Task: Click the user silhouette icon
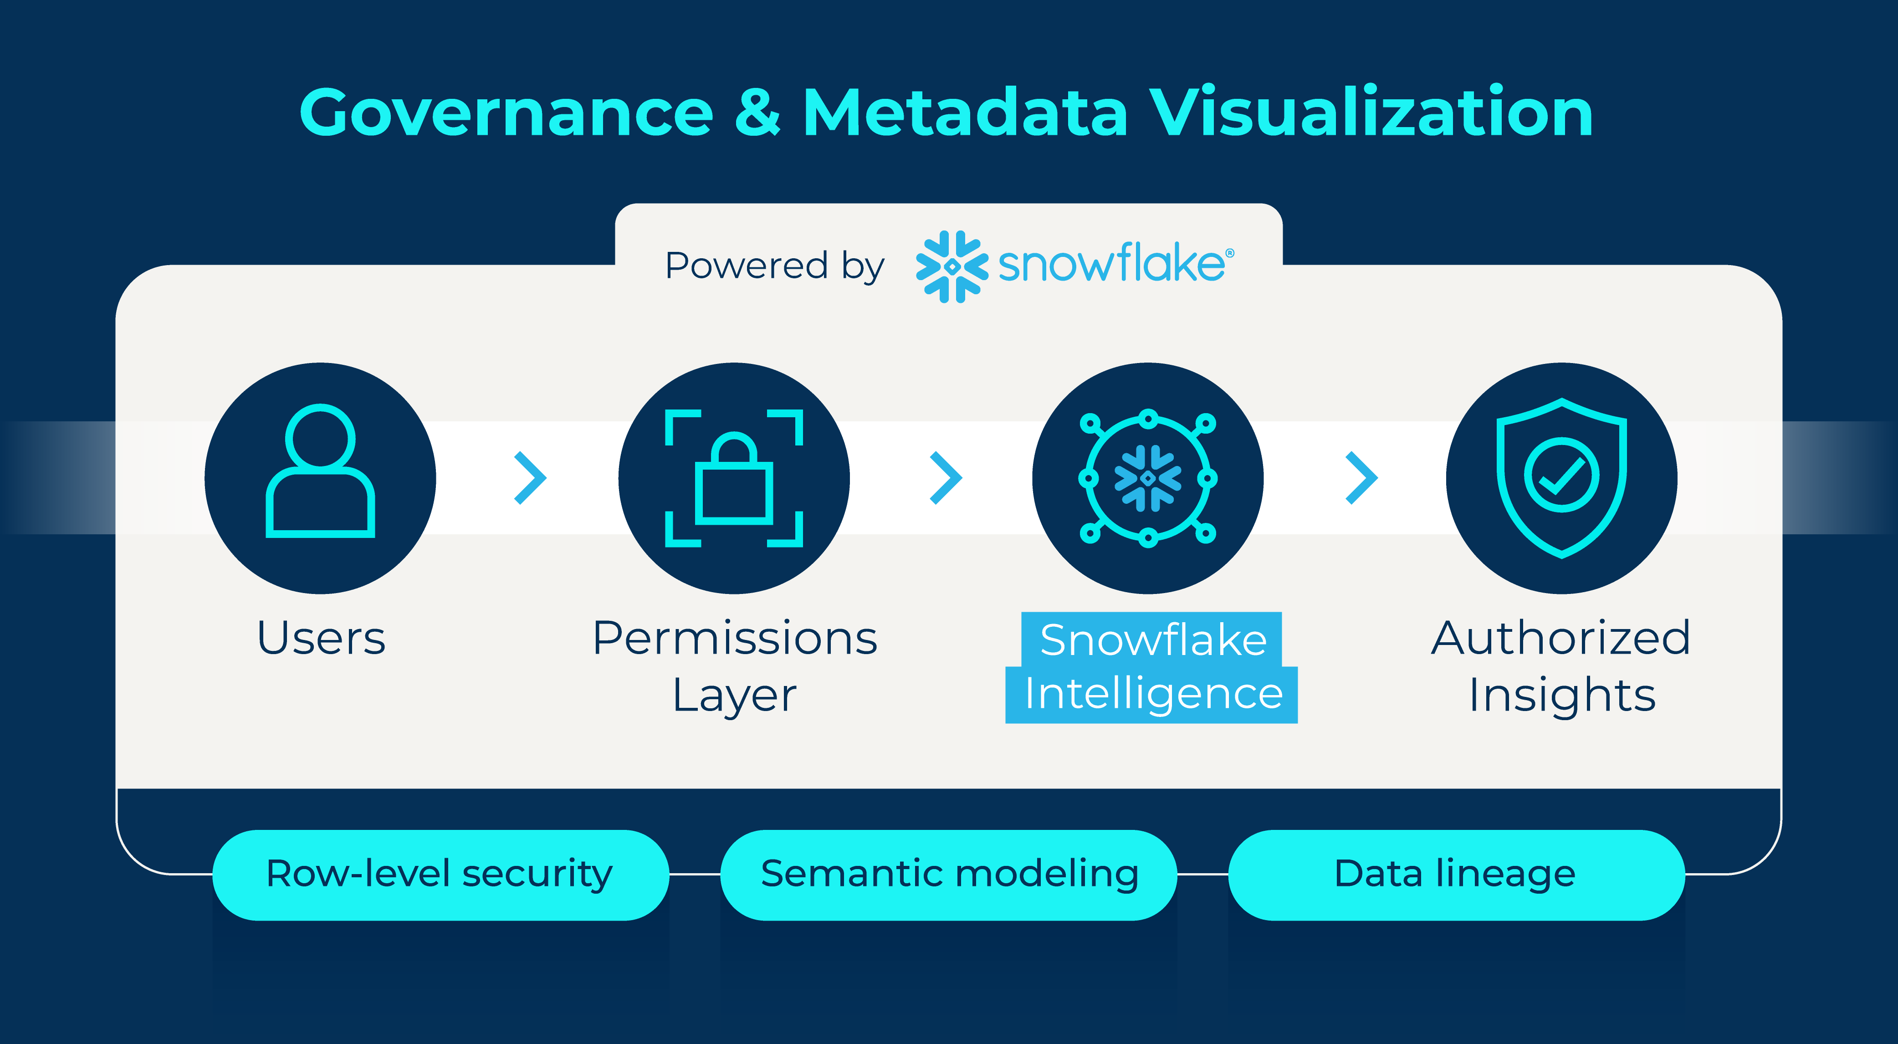click(321, 471)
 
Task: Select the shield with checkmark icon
click(1561, 477)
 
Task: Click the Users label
click(321, 638)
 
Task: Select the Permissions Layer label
click(735, 665)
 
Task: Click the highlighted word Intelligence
click(1153, 695)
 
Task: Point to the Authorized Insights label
click(1561, 665)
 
